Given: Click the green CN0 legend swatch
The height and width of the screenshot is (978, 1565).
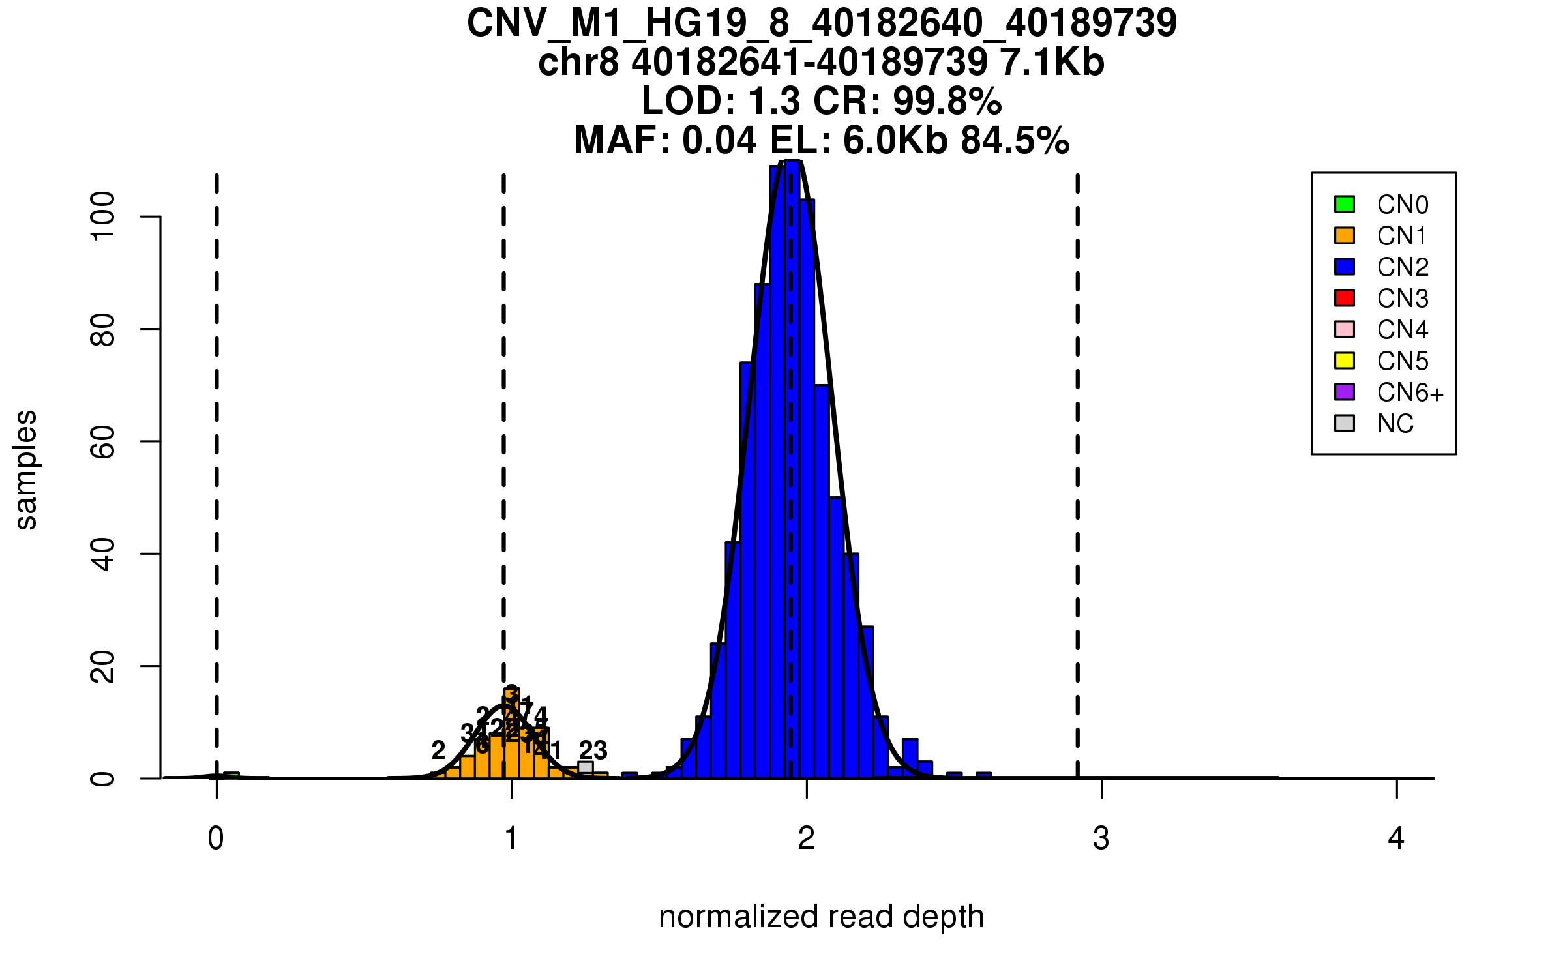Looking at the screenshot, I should pos(1345,204).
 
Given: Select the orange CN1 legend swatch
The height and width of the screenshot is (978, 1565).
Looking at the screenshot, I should pos(1345,235).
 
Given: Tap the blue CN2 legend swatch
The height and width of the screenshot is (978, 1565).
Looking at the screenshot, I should pos(1345,267).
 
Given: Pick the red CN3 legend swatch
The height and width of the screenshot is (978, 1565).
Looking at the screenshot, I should pos(1345,298).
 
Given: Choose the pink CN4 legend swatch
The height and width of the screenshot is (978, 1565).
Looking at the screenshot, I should pos(1345,329).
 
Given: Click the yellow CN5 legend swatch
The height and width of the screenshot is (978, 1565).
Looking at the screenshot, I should pos(1345,361).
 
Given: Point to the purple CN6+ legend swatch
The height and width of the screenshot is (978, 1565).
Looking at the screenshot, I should pos(1345,392).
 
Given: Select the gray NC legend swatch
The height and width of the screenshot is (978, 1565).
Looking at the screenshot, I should pos(1345,423).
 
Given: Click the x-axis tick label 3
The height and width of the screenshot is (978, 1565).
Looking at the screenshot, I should pos(1101,838).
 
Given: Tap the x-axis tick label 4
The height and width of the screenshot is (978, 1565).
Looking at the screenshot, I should pos(1396,838).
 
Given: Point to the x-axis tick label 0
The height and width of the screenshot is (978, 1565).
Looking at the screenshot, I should pos(216,838).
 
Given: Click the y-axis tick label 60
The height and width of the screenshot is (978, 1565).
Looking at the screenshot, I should pos(103,442).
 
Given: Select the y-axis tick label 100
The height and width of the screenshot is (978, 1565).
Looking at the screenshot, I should pos(103,216).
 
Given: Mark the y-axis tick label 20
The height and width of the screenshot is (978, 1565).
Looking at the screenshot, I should pos(103,666).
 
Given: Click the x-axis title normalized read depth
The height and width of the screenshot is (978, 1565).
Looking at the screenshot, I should pos(821,917).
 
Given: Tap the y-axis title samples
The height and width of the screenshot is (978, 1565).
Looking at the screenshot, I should pos(26,469).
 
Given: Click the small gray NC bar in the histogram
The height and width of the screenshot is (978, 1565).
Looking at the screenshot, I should pos(586,767).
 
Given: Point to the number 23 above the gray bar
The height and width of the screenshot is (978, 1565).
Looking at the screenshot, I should pos(593,750).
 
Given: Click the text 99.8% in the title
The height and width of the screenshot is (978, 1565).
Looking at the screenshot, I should pos(947,101).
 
